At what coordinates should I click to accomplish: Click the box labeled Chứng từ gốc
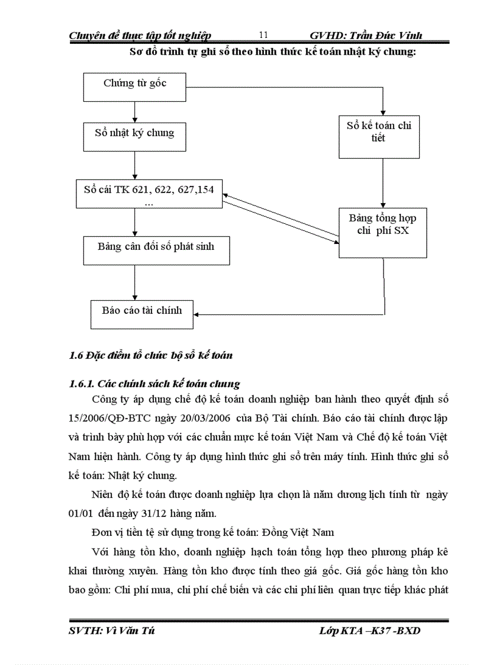(135, 87)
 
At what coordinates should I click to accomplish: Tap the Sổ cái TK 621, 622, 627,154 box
(149, 194)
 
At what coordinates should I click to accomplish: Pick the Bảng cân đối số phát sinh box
(156, 250)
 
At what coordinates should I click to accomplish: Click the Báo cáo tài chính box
(142, 314)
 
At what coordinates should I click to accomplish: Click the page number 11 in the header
(264, 35)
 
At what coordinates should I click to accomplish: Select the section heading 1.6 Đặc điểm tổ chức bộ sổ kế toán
(151, 355)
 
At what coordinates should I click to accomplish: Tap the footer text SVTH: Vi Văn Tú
(112, 631)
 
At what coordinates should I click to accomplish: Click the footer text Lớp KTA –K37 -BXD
(369, 631)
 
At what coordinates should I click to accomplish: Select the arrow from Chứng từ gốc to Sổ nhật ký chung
(135, 112)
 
